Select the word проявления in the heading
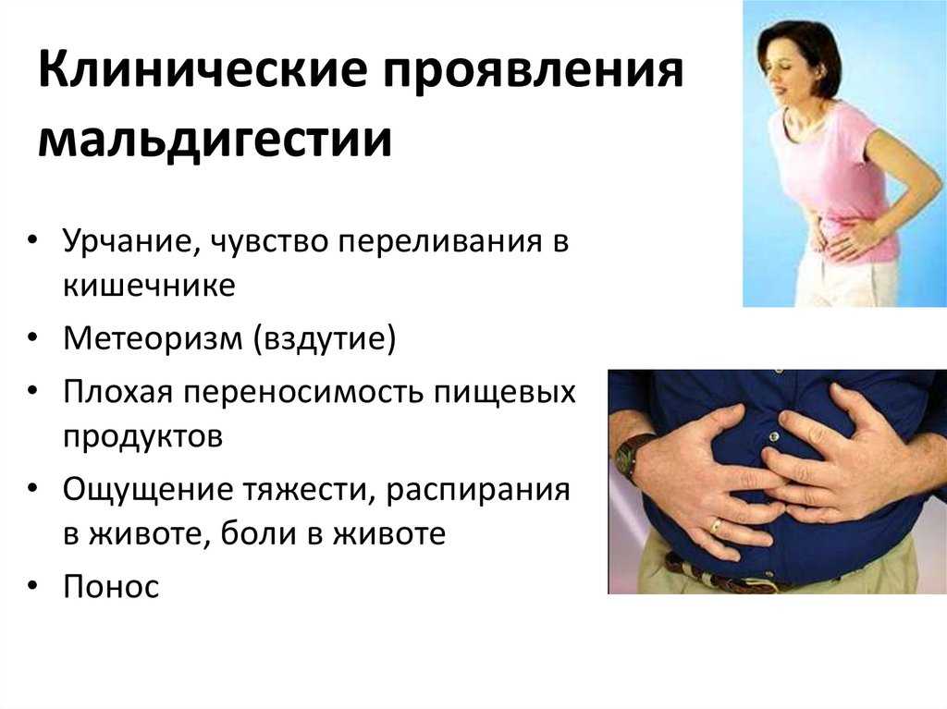534,71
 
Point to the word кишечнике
149,285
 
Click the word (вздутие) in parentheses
325,339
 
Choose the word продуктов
142,436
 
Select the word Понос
111,587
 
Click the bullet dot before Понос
32,586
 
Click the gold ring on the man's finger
717,525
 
